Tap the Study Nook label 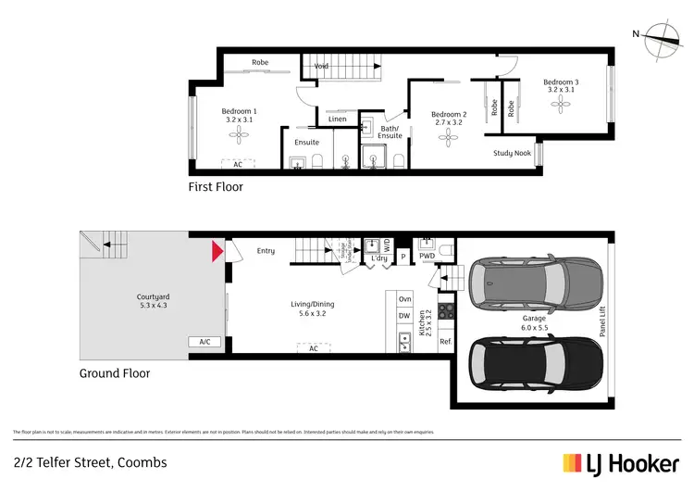(x=512, y=153)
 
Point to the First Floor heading (x=216, y=187)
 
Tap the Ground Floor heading (x=114, y=373)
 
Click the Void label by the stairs (x=321, y=66)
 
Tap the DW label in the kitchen (x=404, y=316)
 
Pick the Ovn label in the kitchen (x=404, y=298)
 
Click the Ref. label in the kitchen (x=445, y=342)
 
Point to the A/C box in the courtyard (x=204, y=342)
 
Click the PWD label (x=427, y=256)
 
